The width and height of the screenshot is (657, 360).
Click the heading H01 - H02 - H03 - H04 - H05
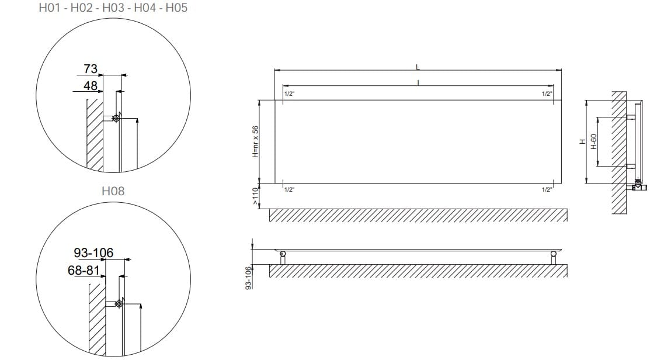tap(113, 9)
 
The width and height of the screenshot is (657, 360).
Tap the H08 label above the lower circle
tap(113, 191)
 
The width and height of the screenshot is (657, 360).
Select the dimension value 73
tap(90, 69)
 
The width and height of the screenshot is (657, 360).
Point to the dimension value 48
tap(90, 86)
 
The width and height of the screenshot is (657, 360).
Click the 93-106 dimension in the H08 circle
tap(93, 253)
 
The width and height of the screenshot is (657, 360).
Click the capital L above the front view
tap(418, 67)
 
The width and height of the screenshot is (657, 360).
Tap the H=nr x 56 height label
tap(255, 142)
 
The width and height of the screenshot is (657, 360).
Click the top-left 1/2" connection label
tap(289, 94)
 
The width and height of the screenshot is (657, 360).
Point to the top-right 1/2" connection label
tap(547, 94)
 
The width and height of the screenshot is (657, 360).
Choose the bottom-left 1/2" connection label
tap(289, 189)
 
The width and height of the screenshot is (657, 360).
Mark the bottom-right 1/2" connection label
tap(547, 189)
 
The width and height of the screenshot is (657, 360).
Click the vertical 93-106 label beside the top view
tap(249, 278)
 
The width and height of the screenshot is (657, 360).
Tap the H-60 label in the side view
tap(594, 142)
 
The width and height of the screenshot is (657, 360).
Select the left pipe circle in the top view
tap(283, 255)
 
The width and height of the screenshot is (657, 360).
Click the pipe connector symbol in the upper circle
tap(116, 119)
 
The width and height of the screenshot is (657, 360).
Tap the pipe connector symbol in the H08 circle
tap(119, 304)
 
